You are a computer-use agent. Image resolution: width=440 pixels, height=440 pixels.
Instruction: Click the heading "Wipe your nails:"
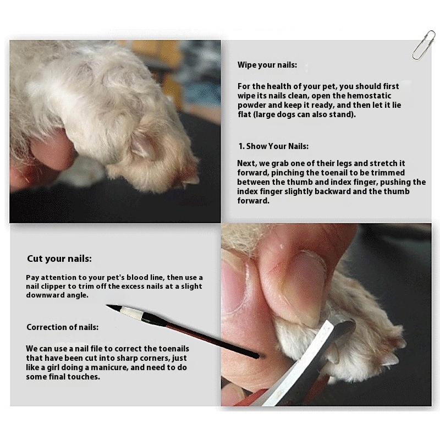[267, 65]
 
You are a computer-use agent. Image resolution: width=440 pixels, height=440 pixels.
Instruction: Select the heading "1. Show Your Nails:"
[273, 146]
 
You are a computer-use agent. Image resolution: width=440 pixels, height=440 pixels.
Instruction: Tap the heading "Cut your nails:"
[59, 258]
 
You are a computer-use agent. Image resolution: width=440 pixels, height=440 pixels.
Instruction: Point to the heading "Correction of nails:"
[63, 327]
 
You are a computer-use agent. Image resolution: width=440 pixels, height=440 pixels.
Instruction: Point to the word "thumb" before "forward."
[408, 191]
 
